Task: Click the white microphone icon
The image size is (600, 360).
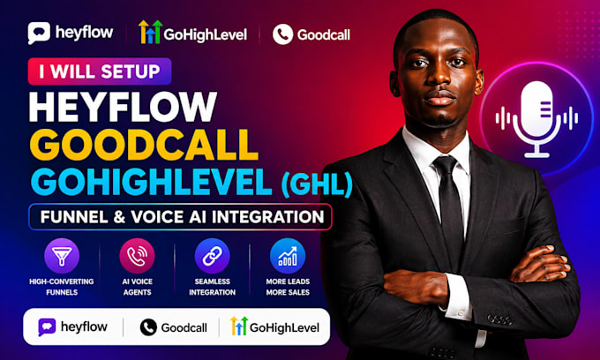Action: [x=536, y=118]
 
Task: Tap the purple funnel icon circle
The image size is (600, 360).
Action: [x=62, y=256]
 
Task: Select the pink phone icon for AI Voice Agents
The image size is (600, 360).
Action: [x=137, y=256]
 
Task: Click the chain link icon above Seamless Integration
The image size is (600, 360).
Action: [x=213, y=256]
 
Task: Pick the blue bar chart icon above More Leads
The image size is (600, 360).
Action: [x=288, y=256]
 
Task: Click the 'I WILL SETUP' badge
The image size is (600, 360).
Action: [x=100, y=71]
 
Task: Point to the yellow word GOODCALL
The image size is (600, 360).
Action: [x=144, y=145]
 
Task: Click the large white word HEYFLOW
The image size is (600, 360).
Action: [x=123, y=107]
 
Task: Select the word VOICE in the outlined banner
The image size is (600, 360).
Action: [x=157, y=217]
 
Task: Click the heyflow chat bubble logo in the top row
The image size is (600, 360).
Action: [x=39, y=33]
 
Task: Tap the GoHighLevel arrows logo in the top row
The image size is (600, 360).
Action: [x=150, y=32]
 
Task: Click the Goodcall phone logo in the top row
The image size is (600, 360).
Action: [x=282, y=34]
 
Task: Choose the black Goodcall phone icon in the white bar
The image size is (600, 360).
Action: [x=148, y=327]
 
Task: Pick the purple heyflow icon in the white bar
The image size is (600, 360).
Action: [x=47, y=327]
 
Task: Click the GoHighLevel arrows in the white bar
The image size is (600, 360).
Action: [x=239, y=326]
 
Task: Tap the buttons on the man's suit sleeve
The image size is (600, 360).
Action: [x=499, y=319]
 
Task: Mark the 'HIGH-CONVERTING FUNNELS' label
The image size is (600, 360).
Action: [x=62, y=287]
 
